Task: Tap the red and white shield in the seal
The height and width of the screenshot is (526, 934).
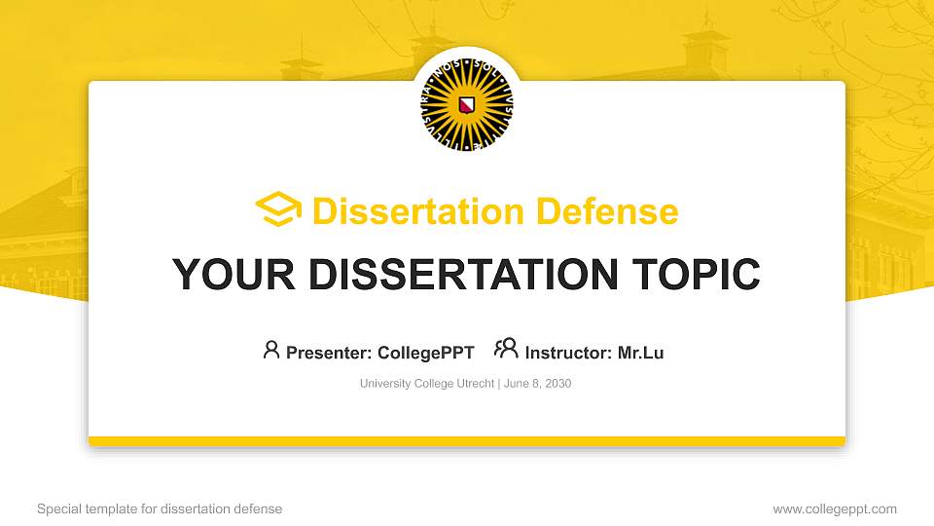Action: pos(467,105)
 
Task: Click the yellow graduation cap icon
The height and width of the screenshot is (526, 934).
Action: pos(278,210)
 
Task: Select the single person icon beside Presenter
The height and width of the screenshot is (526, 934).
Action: pos(271,350)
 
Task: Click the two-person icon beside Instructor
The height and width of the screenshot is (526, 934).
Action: pos(506,350)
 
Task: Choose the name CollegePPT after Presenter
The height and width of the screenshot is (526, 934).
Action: pos(426,353)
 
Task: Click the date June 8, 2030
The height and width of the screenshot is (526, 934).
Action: pos(537,384)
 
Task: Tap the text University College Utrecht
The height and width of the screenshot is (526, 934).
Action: pos(427,384)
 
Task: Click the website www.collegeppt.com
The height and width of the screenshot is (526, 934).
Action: pos(835,508)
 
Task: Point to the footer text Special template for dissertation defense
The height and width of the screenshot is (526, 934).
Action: pos(160,508)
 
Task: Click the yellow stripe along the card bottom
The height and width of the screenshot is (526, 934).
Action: pos(467,441)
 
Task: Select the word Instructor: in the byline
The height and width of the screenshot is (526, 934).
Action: pos(568,353)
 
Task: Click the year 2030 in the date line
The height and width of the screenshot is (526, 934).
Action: pos(557,384)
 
